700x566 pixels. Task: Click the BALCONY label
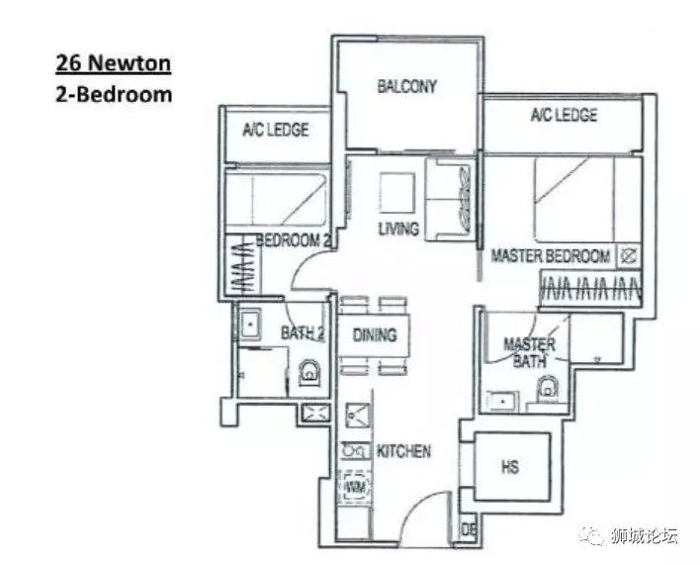(406, 86)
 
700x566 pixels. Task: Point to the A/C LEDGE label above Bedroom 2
(276, 129)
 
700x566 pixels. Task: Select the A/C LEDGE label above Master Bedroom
(564, 115)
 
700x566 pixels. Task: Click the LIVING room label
(398, 230)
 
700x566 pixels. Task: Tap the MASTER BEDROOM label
(551, 256)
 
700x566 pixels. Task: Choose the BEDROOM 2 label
(294, 240)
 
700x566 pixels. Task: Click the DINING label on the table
(375, 335)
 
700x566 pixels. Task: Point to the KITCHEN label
(404, 451)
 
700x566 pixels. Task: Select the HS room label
(510, 467)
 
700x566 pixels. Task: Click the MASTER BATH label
(529, 352)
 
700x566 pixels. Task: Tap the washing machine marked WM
(355, 487)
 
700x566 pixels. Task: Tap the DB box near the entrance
(467, 530)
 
